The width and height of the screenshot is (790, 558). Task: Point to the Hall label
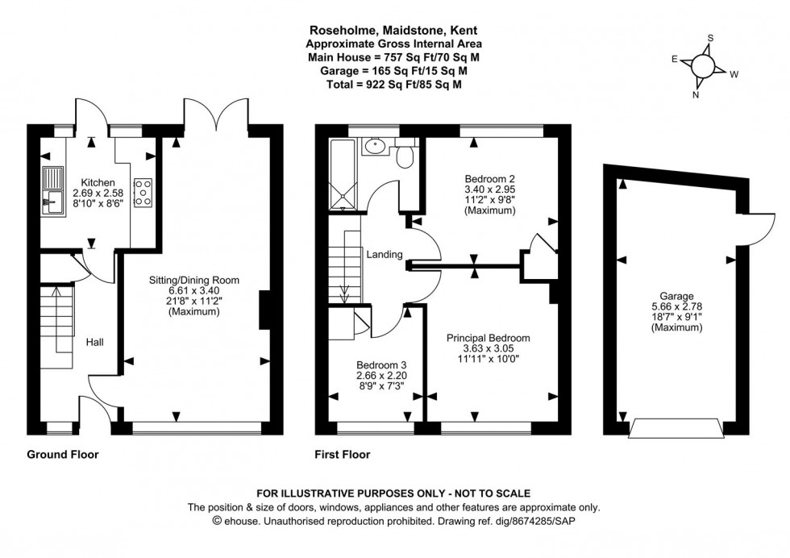coord(95,342)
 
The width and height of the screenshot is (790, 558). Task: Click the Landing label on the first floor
coord(385,255)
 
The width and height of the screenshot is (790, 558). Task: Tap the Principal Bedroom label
coord(489,338)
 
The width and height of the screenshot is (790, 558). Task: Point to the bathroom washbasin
coord(374,147)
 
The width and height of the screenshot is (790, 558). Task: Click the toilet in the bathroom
coord(405,153)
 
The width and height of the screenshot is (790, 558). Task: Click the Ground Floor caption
coord(63,455)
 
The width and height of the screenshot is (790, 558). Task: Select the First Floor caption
coord(343,455)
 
